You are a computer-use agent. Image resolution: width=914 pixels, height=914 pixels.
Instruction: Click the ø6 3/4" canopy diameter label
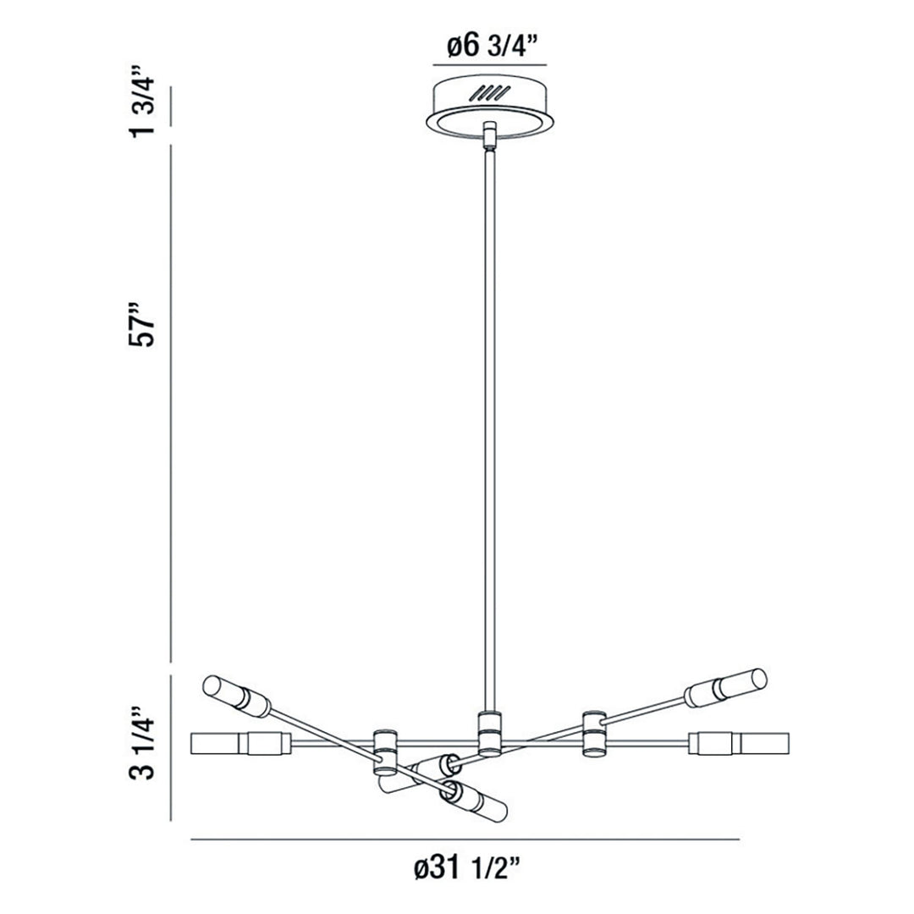(489, 46)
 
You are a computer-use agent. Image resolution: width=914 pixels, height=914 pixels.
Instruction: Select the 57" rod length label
(143, 324)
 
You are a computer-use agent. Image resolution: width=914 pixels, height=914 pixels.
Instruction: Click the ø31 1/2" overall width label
(466, 870)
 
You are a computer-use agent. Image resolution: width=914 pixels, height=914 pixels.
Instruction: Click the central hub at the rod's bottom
(490, 733)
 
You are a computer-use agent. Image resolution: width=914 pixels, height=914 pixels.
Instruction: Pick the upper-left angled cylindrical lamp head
(237, 696)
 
